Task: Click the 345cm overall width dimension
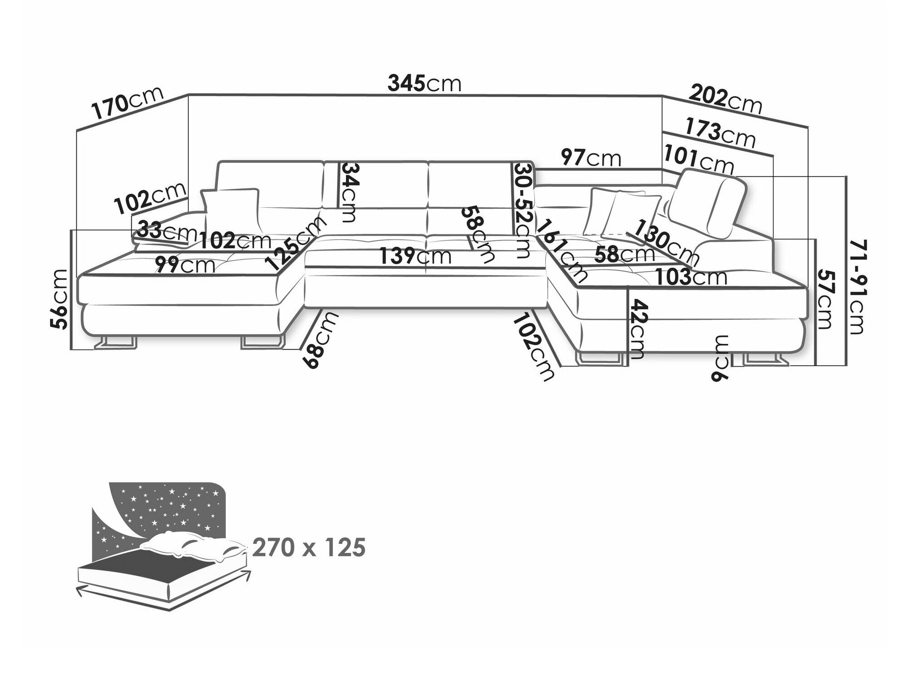(424, 83)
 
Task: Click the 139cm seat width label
(415, 257)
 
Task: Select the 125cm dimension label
(296, 243)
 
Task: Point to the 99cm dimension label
(184, 264)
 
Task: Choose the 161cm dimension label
(561, 249)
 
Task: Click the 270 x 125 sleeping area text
(309, 548)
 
